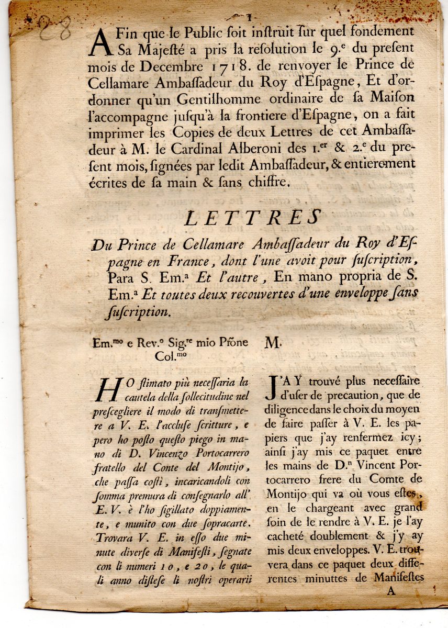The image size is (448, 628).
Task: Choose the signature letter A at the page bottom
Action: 389,591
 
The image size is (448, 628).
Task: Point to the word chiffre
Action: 263,182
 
